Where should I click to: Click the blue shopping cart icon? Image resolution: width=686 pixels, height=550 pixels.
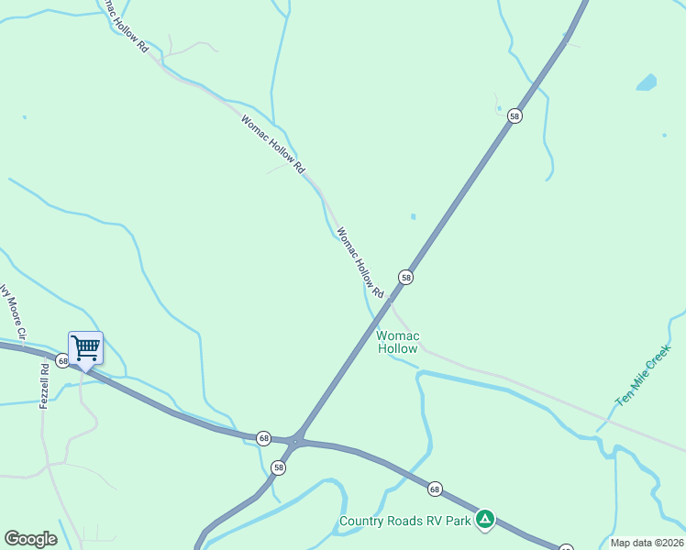coord(85,348)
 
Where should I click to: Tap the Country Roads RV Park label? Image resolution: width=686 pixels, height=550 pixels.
coord(404,521)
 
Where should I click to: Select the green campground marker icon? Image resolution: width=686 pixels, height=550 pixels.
coord(485,520)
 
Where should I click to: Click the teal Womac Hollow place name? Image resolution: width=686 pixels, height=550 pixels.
coord(398,342)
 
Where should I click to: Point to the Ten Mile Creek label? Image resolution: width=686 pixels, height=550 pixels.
coord(644,376)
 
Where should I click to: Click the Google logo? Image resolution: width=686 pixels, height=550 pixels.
coord(30,539)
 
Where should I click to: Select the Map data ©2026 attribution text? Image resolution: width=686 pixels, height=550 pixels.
coord(647,543)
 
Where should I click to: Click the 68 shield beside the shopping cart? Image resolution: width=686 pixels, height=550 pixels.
coord(62,361)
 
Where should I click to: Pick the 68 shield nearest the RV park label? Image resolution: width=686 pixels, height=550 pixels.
coord(435,489)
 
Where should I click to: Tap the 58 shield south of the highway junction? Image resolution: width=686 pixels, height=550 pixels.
coord(279,467)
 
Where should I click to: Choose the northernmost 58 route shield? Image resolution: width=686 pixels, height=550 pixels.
coord(514,115)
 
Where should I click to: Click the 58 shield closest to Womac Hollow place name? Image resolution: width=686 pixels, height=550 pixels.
coord(405,277)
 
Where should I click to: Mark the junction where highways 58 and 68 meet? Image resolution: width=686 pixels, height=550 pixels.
coord(295,441)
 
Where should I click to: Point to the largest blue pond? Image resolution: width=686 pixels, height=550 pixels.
coord(647,82)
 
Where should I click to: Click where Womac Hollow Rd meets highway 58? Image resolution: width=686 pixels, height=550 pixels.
coord(390,300)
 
